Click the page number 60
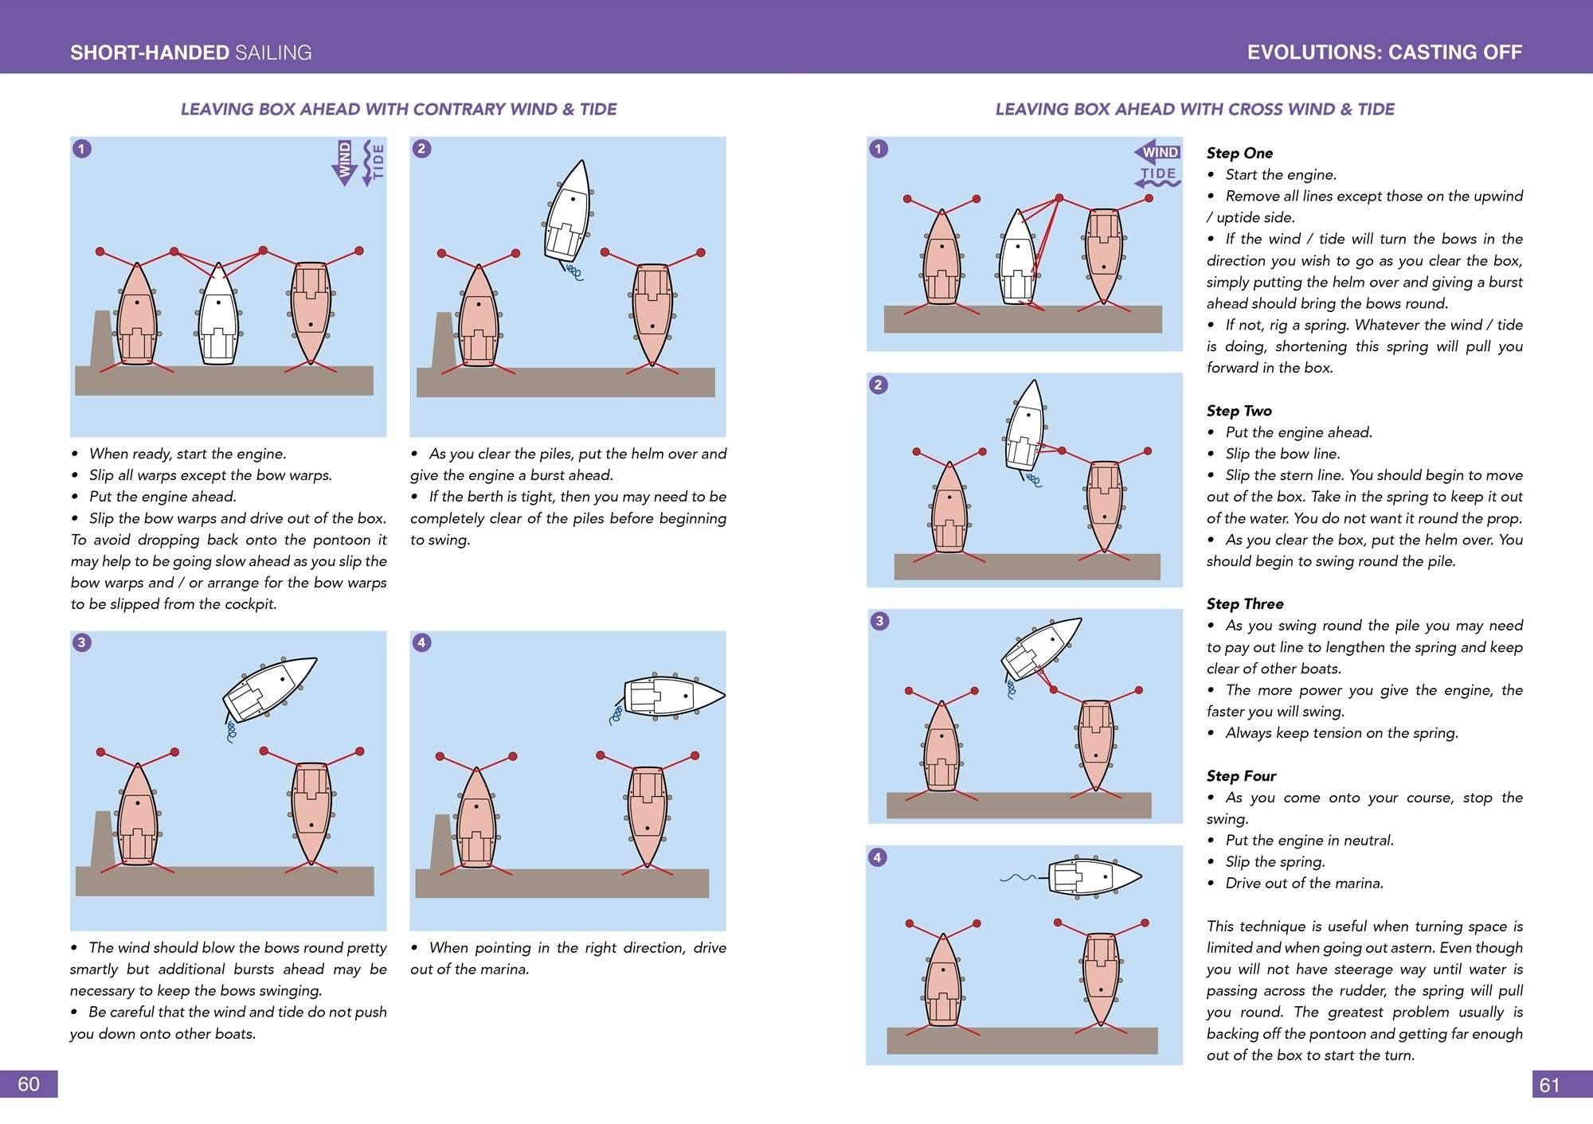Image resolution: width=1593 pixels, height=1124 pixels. pyautogui.click(x=29, y=1084)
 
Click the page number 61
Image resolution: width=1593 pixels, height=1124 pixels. pyautogui.click(x=1549, y=1085)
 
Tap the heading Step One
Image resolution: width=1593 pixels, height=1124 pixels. pyautogui.click(x=1239, y=153)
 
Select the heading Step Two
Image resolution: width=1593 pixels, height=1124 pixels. pyautogui.click(x=1239, y=411)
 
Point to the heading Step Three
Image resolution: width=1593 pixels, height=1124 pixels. pyautogui.click(x=1245, y=603)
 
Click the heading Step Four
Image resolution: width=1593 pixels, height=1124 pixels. pyautogui.click(x=1241, y=775)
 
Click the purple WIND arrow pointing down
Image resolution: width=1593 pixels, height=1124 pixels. pyautogui.click(x=345, y=162)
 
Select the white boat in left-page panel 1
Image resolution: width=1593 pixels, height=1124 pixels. pyautogui.click(x=218, y=314)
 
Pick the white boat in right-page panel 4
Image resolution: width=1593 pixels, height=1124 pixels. pyautogui.click(x=1094, y=876)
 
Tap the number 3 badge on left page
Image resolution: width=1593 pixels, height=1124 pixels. pyautogui.click(x=81, y=642)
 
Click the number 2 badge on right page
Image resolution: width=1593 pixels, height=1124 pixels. pyautogui.click(x=878, y=385)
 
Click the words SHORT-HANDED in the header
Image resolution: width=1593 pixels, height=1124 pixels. pyautogui.click(x=150, y=53)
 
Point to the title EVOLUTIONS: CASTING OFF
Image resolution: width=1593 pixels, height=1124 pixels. pyautogui.click(x=1384, y=53)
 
